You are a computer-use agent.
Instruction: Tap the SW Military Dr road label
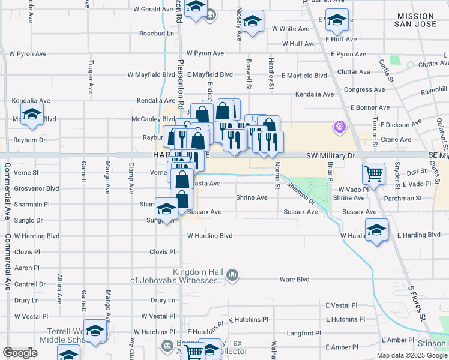(331, 155)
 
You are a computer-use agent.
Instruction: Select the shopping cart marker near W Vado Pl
(374, 174)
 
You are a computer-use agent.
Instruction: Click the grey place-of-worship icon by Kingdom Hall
(233, 276)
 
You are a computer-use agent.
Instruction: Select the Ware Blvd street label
(294, 279)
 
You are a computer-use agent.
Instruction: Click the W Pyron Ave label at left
(23, 53)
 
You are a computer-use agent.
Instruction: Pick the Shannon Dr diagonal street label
(301, 193)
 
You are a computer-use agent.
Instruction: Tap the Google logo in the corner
(20, 353)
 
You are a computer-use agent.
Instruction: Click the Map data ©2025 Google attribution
(412, 355)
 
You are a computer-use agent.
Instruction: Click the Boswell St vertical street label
(249, 74)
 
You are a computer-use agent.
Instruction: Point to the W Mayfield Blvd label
(150, 75)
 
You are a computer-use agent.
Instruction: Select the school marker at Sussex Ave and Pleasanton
(166, 209)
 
